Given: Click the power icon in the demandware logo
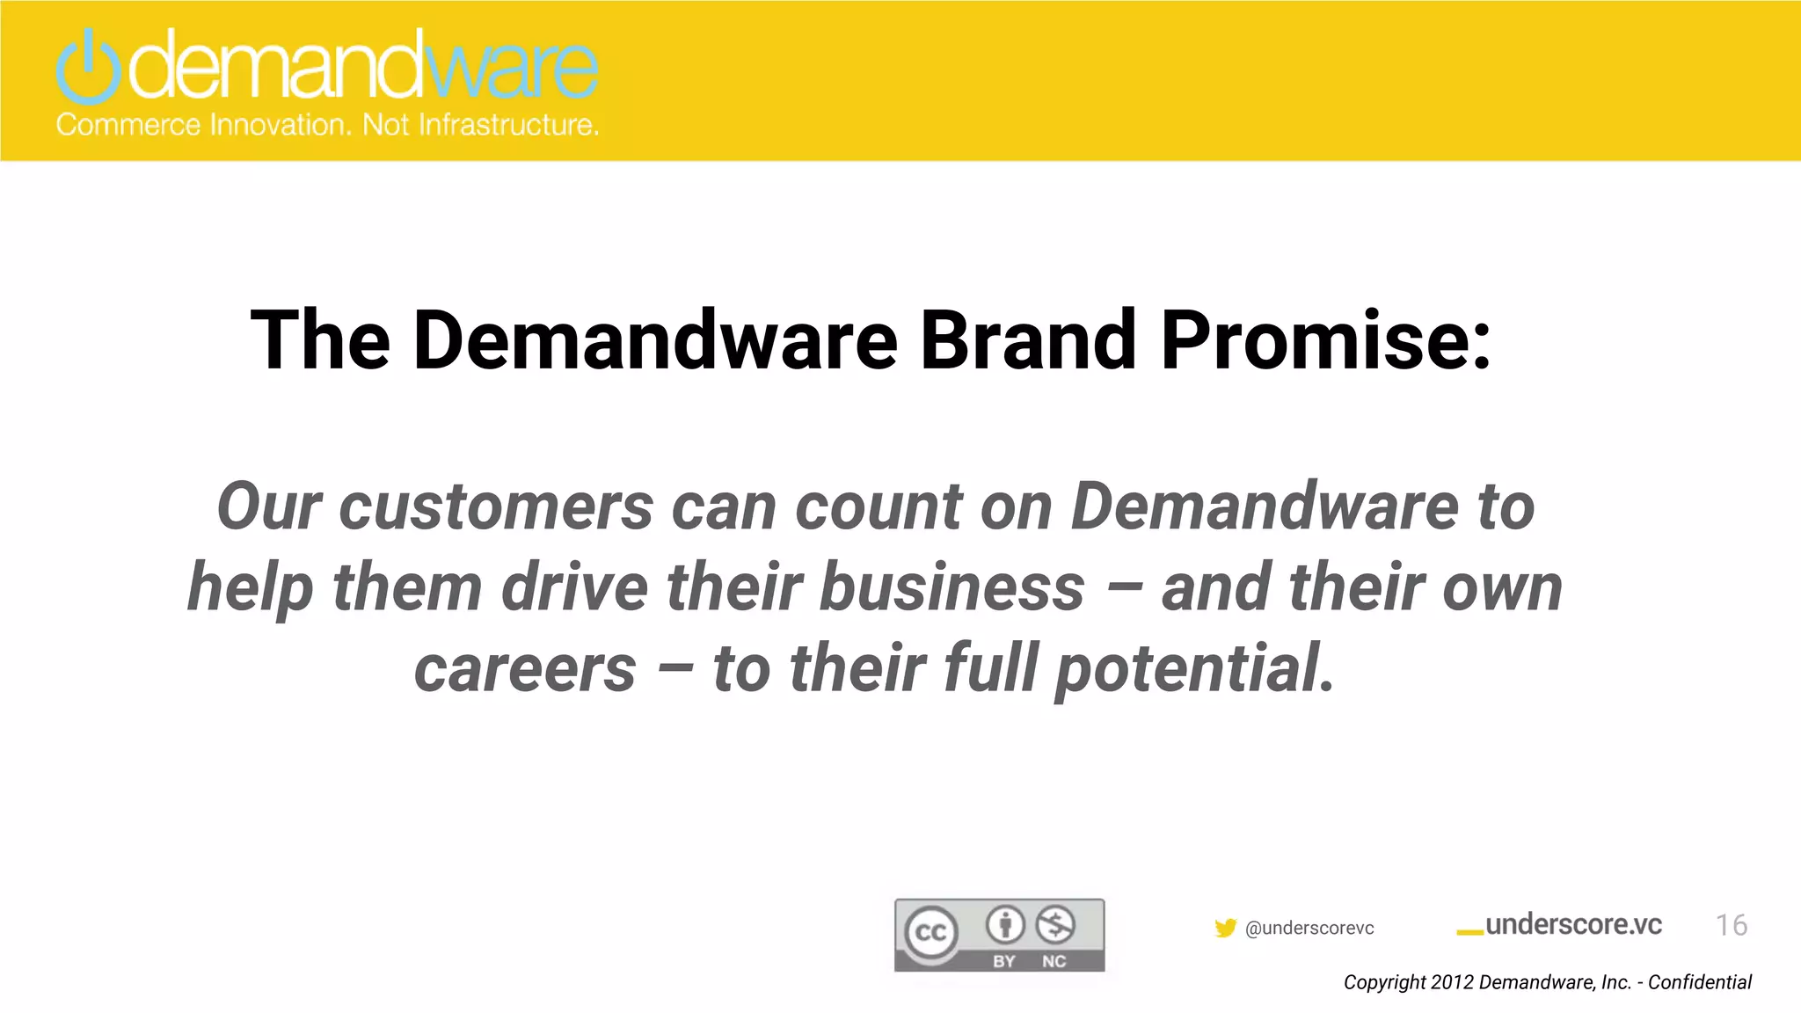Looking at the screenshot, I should [87, 67].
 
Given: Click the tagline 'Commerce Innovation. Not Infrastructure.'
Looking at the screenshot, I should [327, 125].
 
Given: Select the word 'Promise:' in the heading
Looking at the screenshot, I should [1326, 341].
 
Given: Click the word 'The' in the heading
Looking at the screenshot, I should [320, 341].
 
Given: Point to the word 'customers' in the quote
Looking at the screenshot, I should [496, 507].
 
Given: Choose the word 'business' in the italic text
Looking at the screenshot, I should [952, 587].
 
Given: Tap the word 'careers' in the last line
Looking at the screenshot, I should [525, 668].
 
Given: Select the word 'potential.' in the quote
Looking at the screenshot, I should [1195, 668].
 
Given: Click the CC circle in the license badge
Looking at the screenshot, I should [931, 932].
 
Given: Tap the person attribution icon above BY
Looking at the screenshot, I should [1004, 924].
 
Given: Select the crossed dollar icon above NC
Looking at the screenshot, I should [1054, 924].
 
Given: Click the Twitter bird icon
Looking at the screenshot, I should [1225, 928].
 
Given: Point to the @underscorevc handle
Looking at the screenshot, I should [1309, 928].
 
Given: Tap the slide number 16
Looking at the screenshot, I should [1731, 924].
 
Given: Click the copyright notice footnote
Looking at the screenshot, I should [1547, 982].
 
